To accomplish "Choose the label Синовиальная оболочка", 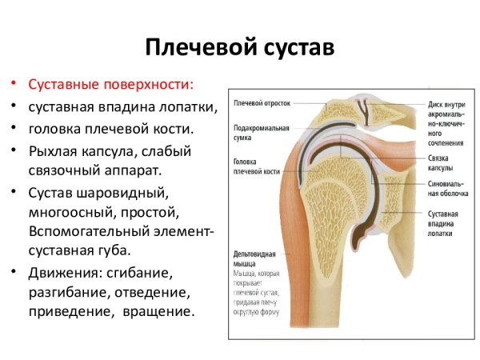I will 445,189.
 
